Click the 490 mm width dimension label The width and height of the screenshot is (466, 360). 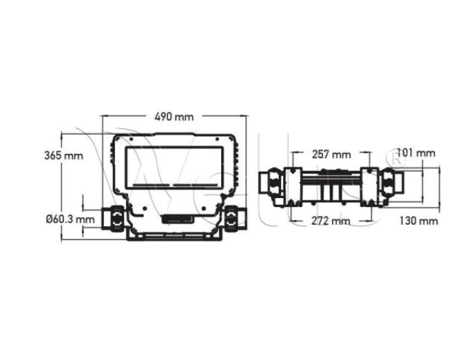(x=174, y=117)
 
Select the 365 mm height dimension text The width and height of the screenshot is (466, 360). (x=63, y=155)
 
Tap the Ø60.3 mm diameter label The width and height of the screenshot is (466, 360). (x=71, y=219)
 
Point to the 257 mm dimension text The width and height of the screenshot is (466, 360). (x=331, y=154)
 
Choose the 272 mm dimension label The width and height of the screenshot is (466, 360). (x=331, y=221)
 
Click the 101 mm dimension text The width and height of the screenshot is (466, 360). (x=416, y=153)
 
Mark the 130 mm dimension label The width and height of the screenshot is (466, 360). (x=418, y=221)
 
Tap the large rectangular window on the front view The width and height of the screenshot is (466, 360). (x=174, y=167)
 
